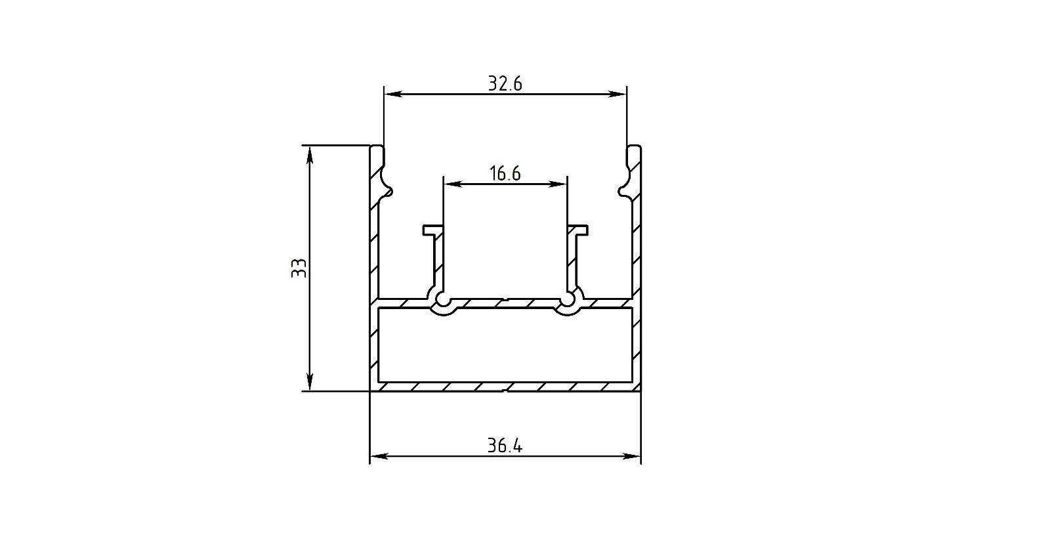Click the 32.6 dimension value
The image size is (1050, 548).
tap(505, 84)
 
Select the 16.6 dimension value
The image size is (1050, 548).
tap(505, 173)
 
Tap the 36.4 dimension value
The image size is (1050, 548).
tap(505, 446)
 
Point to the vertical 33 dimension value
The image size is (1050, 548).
tap(299, 268)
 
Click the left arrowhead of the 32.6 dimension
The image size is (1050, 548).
tap(392, 95)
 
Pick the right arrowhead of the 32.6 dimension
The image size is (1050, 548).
tap(618, 95)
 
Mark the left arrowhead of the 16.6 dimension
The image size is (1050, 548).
tap(452, 184)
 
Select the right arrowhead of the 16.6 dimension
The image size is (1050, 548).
tap(558, 184)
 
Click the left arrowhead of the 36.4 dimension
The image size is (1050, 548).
tap(379, 455)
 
